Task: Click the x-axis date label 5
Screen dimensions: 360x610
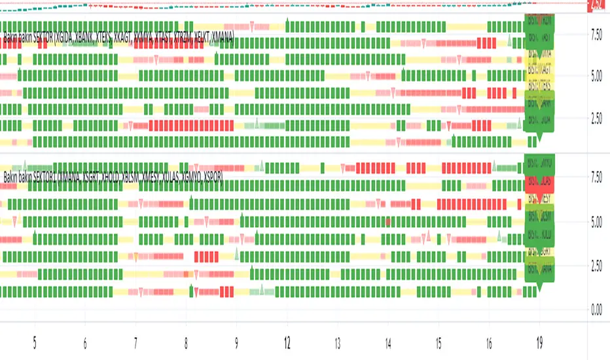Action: point(35,342)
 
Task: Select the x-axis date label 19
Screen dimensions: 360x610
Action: point(540,342)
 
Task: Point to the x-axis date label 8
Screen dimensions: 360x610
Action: point(186,342)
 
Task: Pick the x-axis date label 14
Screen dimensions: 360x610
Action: point(388,342)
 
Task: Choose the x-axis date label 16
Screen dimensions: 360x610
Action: point(490,342)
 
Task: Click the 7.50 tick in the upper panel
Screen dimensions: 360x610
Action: point(596,31)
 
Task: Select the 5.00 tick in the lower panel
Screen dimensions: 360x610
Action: point(596,222)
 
